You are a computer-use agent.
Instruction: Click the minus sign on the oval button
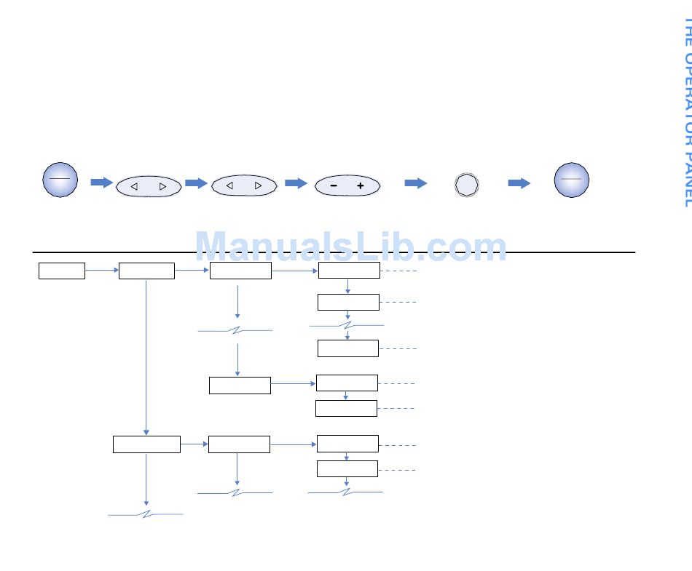pyautogui.click(x=333, y=186)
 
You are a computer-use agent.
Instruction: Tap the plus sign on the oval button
pyautogui.click(x=360, y=186)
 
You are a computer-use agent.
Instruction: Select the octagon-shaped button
pyautogui.click(x=466, y=185)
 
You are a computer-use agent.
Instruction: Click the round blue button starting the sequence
pyautogui.click(x=60, y=180)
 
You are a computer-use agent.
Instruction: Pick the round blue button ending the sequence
pyautogui.click(x=571, y=180)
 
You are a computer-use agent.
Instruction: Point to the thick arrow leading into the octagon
pyautogui.click(x=416, y=183)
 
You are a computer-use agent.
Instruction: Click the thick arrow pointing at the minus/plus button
pyautogui.click(x=296, y=183)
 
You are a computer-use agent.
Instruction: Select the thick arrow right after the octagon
pyautogui.click(x=519, y=183)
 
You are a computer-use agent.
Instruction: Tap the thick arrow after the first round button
pyautogui.click(x=102, y=182)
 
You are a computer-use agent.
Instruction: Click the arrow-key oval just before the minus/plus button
pyautogui.click(x=244, y=186)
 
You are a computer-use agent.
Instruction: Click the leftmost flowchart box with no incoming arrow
pyautogui.click(x=62, y=271)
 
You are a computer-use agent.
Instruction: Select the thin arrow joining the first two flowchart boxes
pyautogui.click(x=102, y=271)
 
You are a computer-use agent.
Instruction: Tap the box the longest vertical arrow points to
pyautogui.click(x=146, y=444)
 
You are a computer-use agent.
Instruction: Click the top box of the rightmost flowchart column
pyautogui.click(x=349, y=271)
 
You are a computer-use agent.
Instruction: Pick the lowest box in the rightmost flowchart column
pyautogui.click(x=347, y=468)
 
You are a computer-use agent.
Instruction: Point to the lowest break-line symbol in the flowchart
pyautogui.click(x=146, y=515)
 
